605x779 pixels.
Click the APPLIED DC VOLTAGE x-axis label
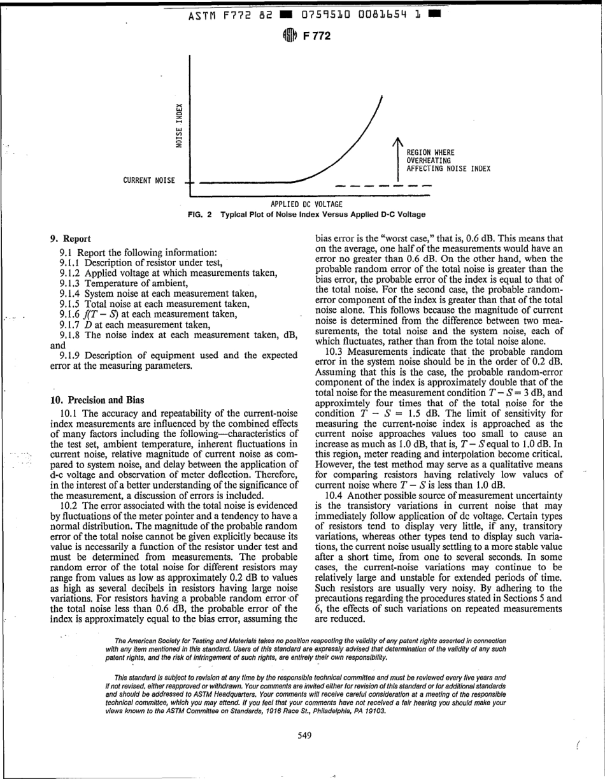point(307,204)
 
